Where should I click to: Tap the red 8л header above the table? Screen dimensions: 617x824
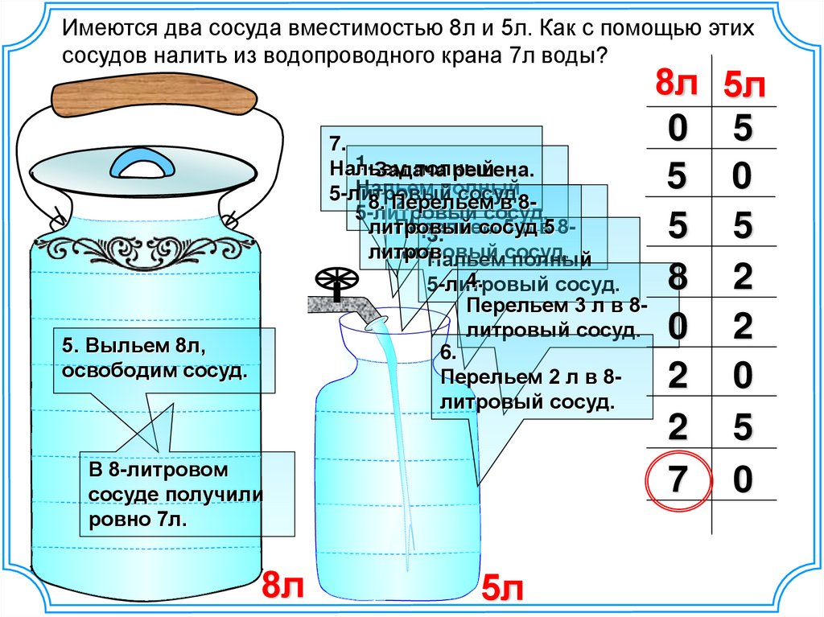click(678, 83)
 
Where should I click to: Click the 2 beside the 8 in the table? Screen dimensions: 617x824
click(742, 278)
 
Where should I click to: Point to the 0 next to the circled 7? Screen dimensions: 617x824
click(742, 480)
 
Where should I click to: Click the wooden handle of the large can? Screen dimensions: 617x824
click(154, 95)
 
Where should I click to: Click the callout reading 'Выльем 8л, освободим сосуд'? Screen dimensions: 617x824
click(164, 360)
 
